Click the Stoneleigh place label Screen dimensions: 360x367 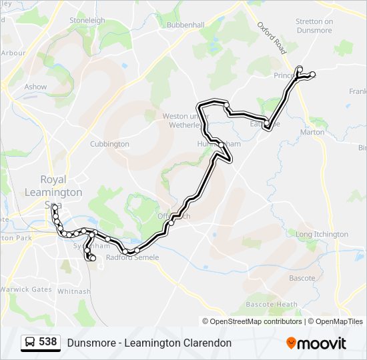point(87,20)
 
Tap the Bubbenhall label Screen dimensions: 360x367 point(186,25)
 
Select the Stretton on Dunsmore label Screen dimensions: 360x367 point(314,25)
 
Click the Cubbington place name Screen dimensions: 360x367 point(109,144)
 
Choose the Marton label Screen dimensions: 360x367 point(312,132)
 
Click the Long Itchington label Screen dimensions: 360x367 point(322,234)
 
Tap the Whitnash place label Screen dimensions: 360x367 point(73,291)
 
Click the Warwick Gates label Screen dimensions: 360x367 point(26,289)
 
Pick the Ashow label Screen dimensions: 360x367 point(35,87)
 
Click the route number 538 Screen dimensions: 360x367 point(47,342)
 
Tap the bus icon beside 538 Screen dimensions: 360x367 point(30,343)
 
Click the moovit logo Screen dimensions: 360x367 point(316,343)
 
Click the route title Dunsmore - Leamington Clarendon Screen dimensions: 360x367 point(149,343)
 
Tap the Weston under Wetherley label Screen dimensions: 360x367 point(181,120)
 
